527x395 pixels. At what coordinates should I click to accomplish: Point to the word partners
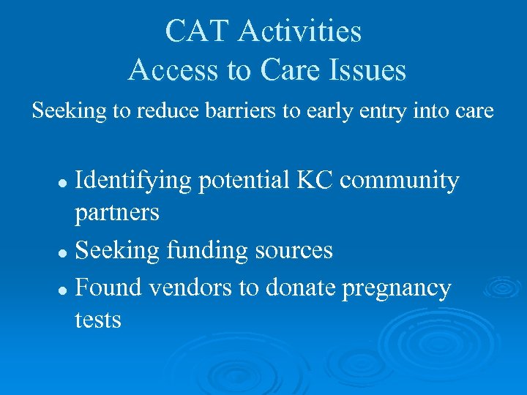pos(117,213)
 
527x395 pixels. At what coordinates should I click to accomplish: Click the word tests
pos(97,320)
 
